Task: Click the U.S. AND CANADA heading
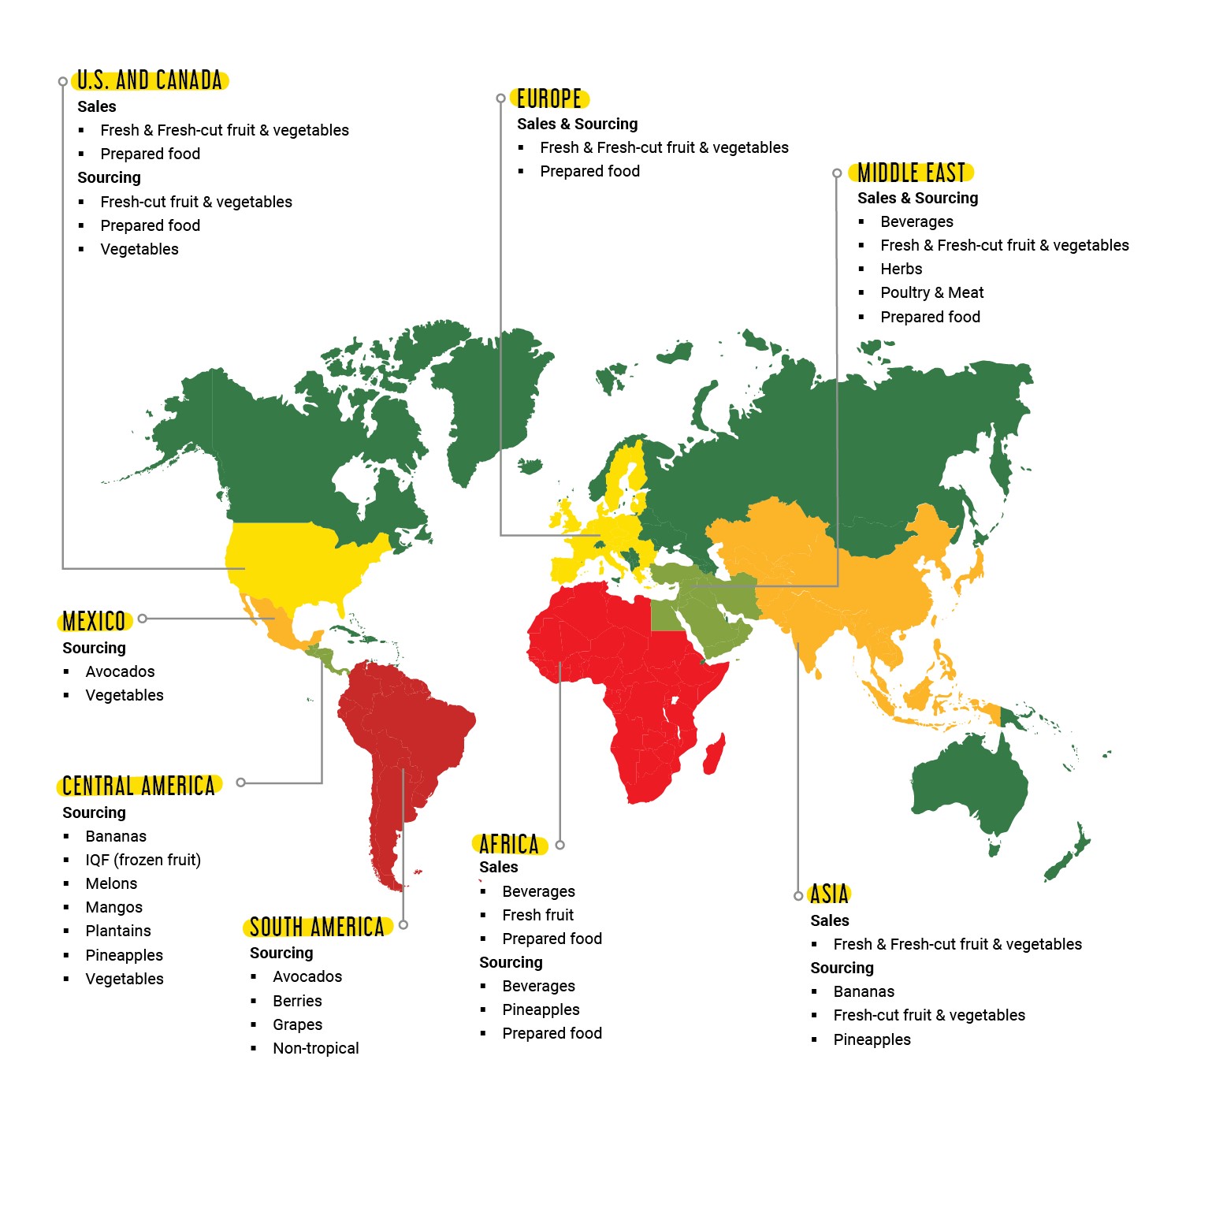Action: pos(150,80)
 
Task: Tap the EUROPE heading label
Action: pos(549,99)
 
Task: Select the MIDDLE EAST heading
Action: pos(911,173)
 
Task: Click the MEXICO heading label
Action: pos(95,621)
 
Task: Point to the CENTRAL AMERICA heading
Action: pos(139,786)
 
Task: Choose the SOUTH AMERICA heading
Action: pos(317,927)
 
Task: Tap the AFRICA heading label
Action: pos(509,845)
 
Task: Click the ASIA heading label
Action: pos(829,894)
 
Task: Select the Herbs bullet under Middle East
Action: pos(901,269)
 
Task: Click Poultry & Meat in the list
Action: pos(931,292)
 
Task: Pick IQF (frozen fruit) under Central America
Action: pos(143,860)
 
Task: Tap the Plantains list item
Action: pos(118,931)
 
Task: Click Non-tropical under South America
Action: pos(315,1048)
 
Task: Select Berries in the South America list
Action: pos(297,1001)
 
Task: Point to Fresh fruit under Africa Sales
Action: pos(537,915)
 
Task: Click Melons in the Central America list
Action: pos(111,883)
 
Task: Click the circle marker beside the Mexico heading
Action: pos(143,619)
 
